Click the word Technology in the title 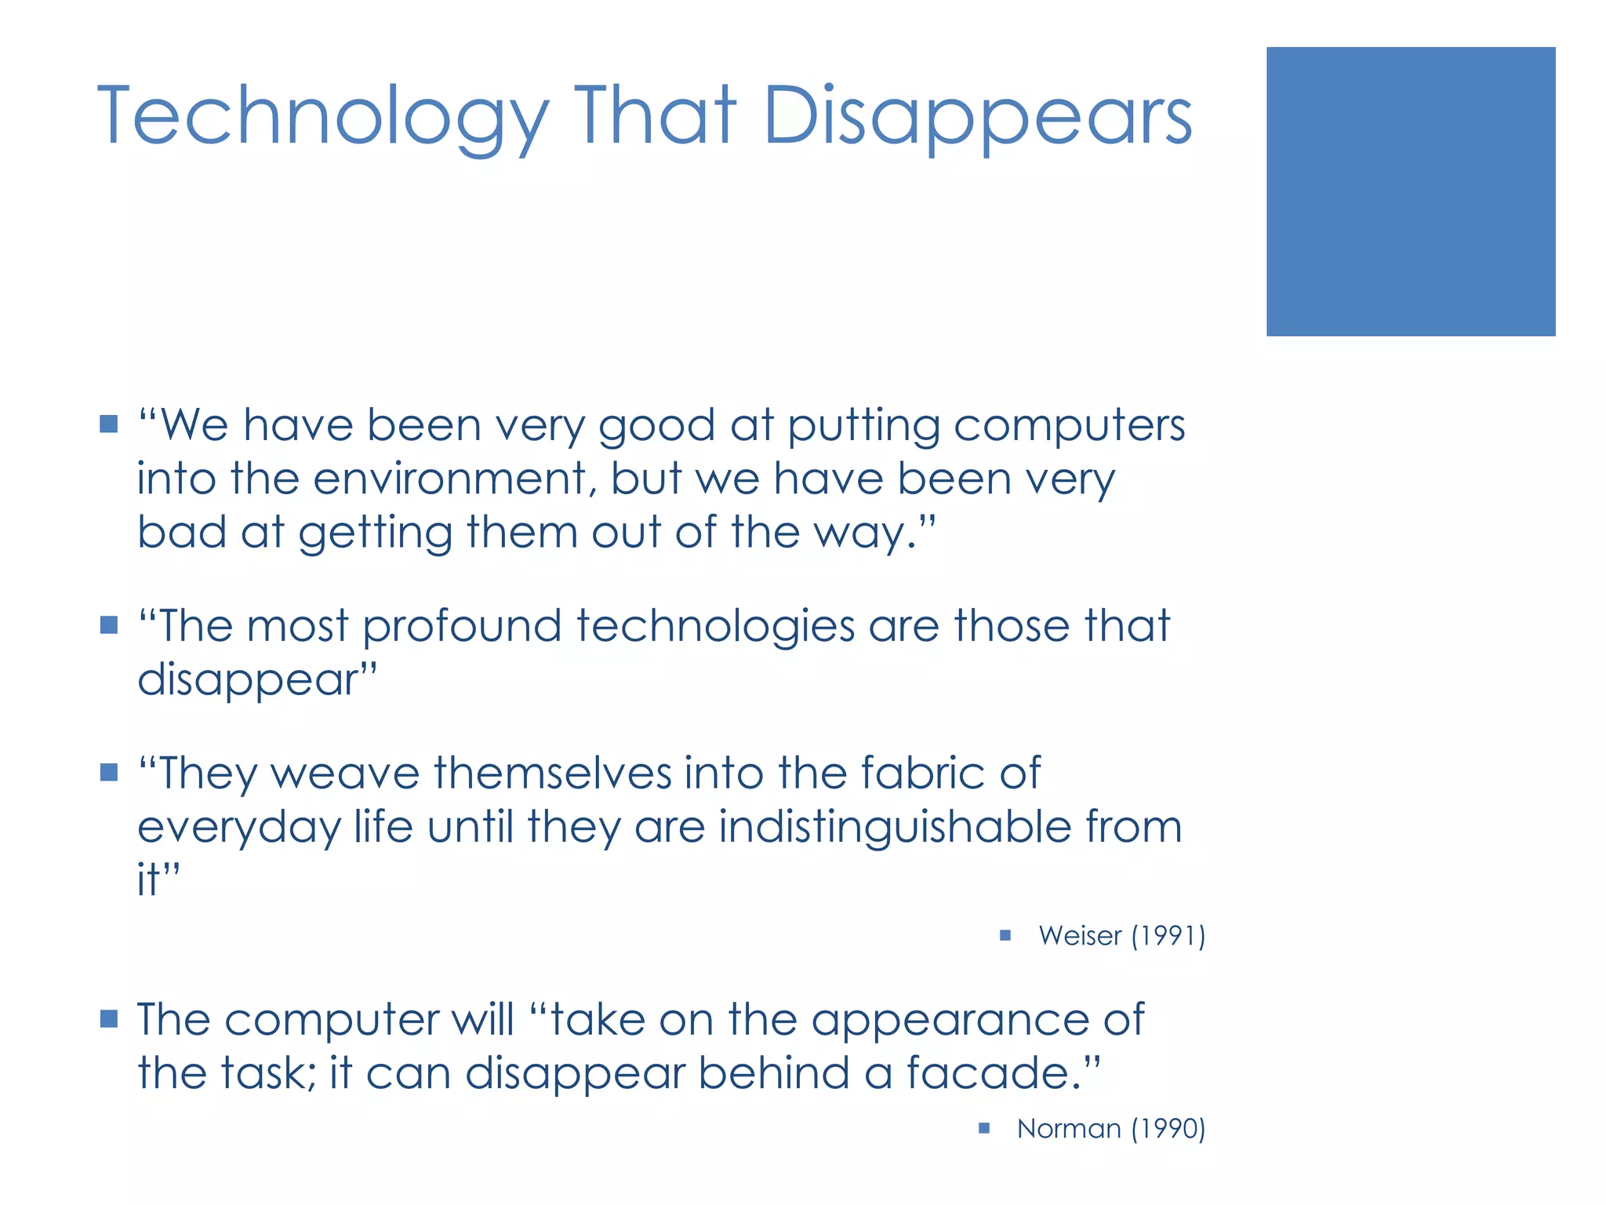click(x=322, y=118)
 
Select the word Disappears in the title click(x=977, y=118)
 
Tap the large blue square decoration click(x=1410, y=191)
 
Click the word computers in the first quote click(x=1069, y=427)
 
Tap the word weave click(x=345, y=774)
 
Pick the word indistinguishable click(x=894, y=828)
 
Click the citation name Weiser click(x=1080, y=936)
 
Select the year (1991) click(x=1168, y=936)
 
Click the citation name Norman click(x=1069, y=1129)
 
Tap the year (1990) click(x=1168, y=1129)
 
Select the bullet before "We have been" click(x=109, y=425)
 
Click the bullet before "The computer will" click(x=109, y=1019)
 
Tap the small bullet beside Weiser click(x=1005, y=935)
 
